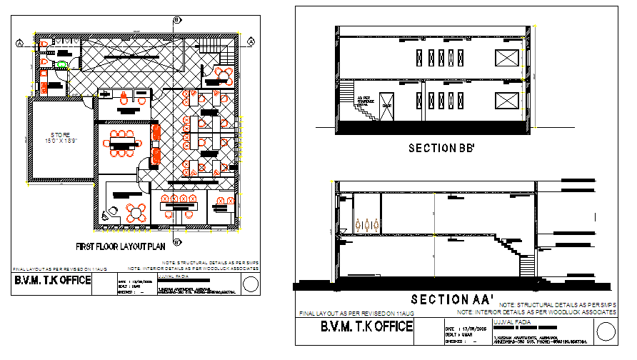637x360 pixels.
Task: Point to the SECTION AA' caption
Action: point(443,299)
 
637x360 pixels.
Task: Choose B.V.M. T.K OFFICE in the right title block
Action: point(366,327)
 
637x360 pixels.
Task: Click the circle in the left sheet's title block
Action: point(250,284)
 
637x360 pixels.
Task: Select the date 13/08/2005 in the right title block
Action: point(474,327)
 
